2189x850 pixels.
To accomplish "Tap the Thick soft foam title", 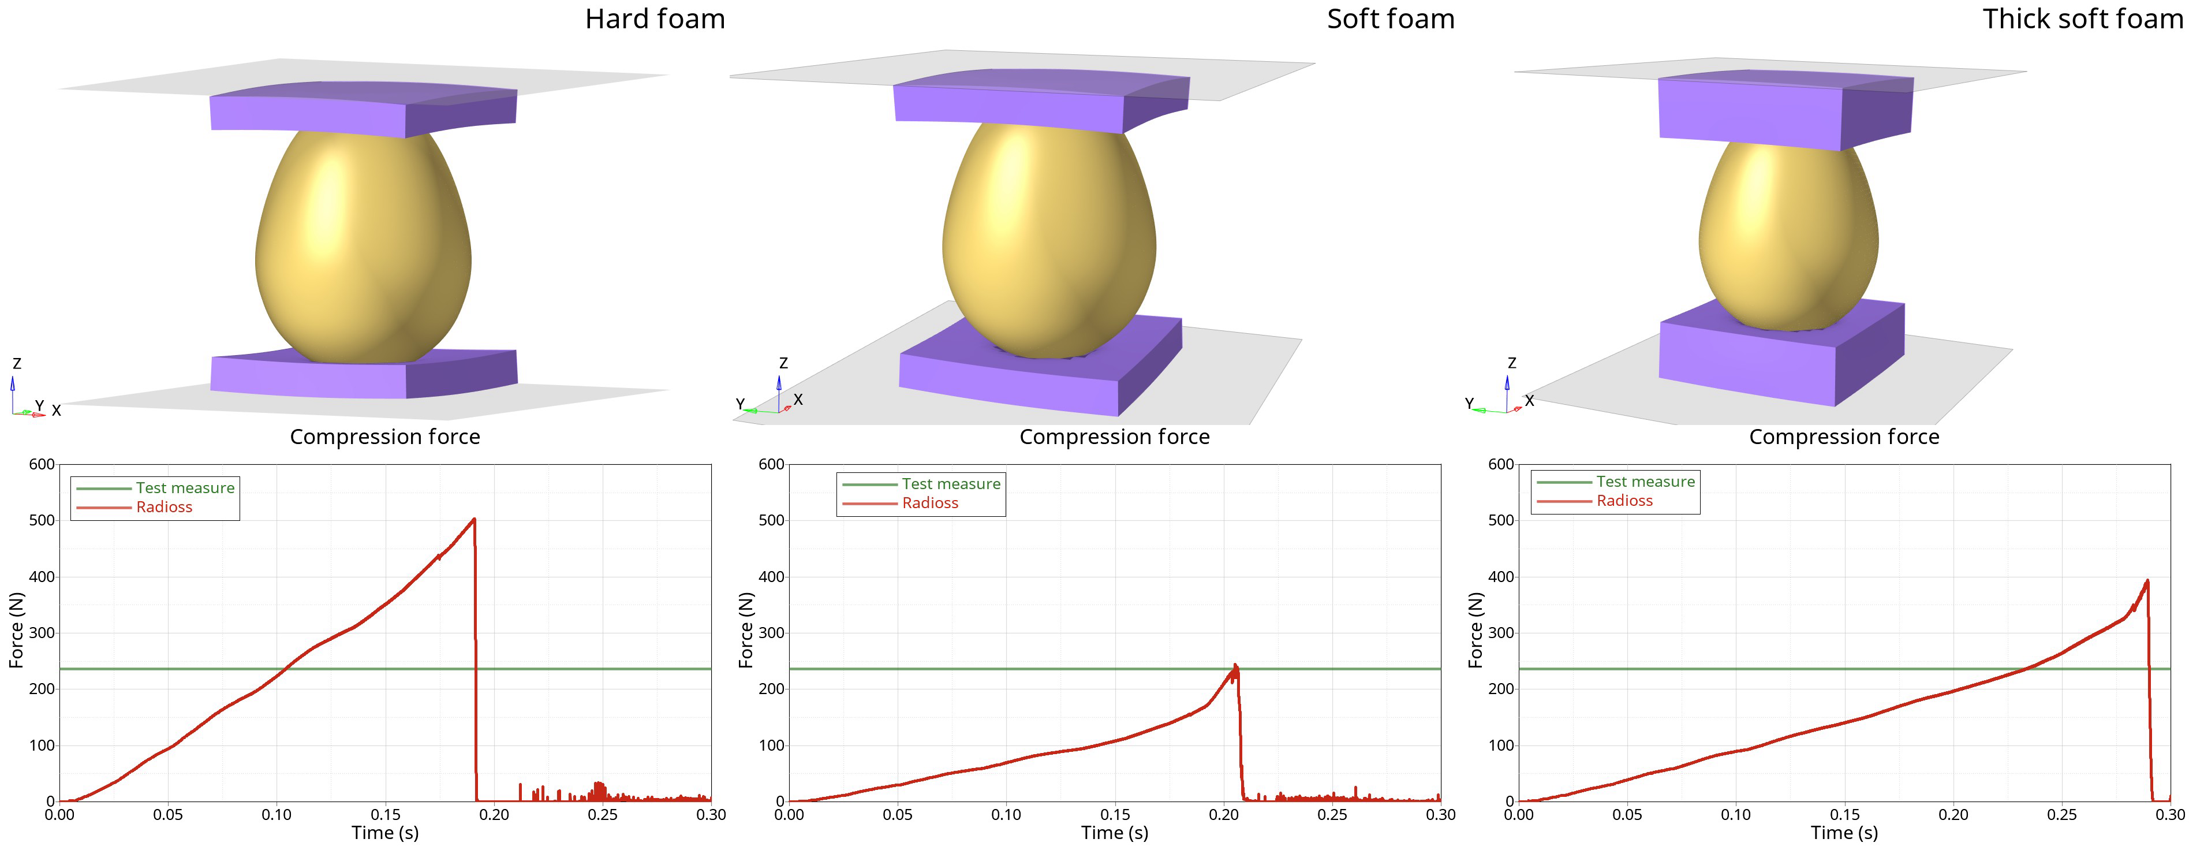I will tap(2082, 18).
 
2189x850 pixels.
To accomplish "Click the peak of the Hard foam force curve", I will tap(473, 519).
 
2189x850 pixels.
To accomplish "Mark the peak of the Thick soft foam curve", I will tap(2147, 581).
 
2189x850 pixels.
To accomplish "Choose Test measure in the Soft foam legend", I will tap(950, 484).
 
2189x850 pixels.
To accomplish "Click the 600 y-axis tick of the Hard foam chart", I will tap(42, 464).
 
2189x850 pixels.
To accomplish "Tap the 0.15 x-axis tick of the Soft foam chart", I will tap(1115, 814).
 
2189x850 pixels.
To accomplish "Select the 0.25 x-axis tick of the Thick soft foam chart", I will tap(2061, 814).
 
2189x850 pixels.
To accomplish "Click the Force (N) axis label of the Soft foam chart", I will tap(746, 630).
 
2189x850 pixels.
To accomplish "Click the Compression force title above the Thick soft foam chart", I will tap(1844, 437).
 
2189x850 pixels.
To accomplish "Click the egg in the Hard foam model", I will tap(363, 247).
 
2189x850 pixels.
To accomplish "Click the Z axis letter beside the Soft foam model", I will tap(783, 363).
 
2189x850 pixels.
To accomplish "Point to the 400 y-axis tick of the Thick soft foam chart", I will tap(1501, 577).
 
